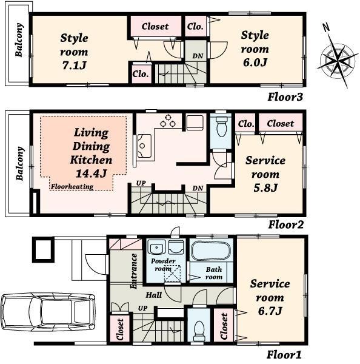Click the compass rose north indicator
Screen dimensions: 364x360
[x=326, y=28]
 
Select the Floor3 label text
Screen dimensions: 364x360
[x=285, y=96]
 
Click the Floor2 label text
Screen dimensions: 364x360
[x=285, y=224]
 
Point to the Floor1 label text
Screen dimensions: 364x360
[x=284, y=355]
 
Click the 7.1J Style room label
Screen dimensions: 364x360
[x=74, y=51]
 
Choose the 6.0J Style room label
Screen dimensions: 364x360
[x=255, y=49]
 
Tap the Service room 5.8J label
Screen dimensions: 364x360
[x=265, y=174]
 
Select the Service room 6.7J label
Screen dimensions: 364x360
[x=270, y=297]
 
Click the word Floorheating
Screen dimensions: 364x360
[x=72, y=187]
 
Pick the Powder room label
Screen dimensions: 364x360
[x=163, y=265]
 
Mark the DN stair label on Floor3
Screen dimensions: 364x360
[x=198, y=56]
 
